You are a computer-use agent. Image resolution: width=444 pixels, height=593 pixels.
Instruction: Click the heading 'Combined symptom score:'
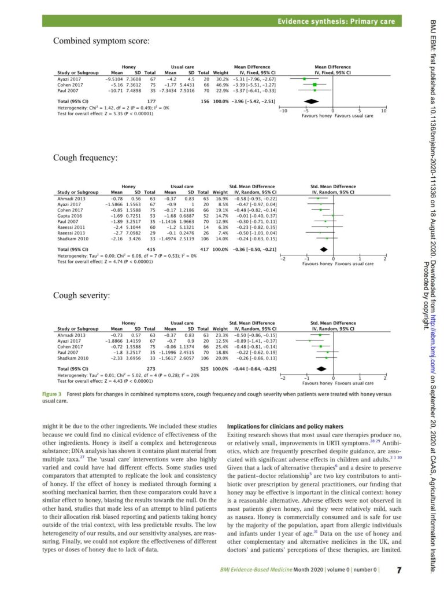pyautogui.click(x=101, y=41)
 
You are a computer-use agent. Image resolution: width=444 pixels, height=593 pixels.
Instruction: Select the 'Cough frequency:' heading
pyautogui.click(x=86, y=158)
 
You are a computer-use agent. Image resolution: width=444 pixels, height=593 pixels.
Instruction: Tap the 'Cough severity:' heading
pyautogui.click(x=82, y=295)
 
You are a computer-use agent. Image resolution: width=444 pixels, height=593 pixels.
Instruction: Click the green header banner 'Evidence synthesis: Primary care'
pyautogui.click(x=336, y=21)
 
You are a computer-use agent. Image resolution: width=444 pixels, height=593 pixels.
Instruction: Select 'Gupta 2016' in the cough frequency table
pyautogui.click(x=69, y=215)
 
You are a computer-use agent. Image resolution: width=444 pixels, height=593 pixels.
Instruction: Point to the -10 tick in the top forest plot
pyautogui.click(x=282, y=111)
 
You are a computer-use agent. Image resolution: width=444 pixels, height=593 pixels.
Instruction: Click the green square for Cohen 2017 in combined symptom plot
pyautogui.click(x=314, y=85)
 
